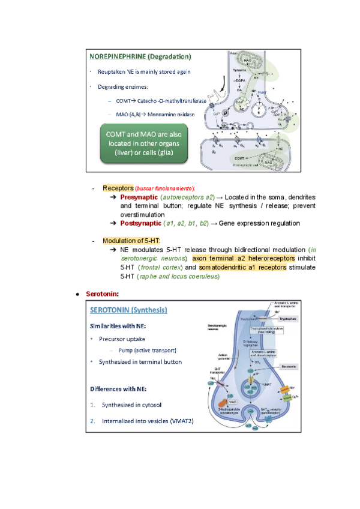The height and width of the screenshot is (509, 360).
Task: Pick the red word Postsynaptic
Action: tap(140, 223)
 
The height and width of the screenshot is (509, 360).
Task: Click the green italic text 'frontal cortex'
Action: tap(161, 267)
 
